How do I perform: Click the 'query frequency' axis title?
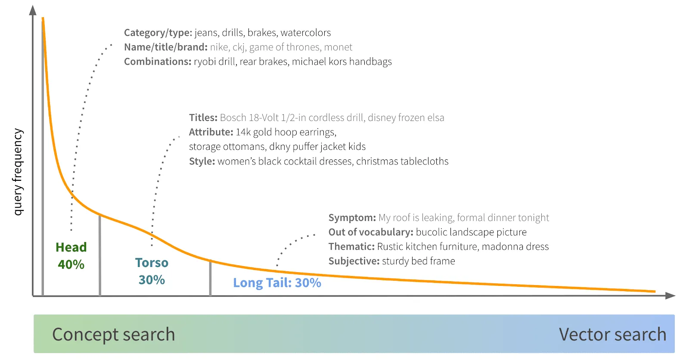tap(17, 172)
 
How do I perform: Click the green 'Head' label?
tap(71, 247)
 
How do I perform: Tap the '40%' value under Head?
tap(71, 264)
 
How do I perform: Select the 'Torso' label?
tap(152, 263)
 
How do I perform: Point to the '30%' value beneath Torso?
tap(152, 280)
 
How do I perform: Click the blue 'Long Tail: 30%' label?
tap(277, 283)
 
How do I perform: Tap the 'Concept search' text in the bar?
tap(113, 335)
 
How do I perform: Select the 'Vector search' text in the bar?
tap(612, 335)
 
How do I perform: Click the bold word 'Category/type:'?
tap(158, 33)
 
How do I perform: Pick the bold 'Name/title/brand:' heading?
tap(166, 47)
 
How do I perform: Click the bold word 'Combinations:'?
tap(158, 62)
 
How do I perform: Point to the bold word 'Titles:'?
tap(203, 118)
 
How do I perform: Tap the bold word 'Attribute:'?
tap(211, 132)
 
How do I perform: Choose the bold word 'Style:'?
tap(202, 161)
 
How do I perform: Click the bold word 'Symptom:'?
tap(352, 218)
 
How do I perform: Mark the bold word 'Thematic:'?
tap(351, 247)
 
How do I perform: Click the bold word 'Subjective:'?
tap(354, 261)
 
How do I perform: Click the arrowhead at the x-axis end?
tap(670, 296)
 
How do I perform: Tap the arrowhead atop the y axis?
tap(33, 10)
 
